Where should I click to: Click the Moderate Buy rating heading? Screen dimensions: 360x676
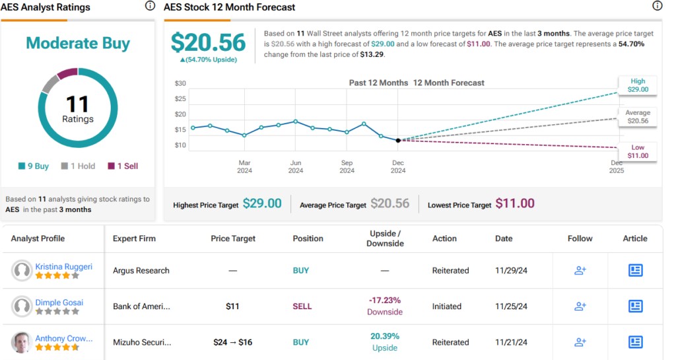[78, 44]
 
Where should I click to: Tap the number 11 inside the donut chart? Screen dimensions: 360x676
[78, 104]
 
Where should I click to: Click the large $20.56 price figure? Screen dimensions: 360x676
[208, 43]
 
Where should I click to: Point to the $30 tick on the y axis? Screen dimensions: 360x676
[180, 83]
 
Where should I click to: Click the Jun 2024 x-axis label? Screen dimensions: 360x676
[296, 166]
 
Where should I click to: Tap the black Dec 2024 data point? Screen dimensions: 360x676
[398, 140]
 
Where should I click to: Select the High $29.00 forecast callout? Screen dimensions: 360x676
[637, 85]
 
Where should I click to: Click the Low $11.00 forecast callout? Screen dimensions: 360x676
[637, 152]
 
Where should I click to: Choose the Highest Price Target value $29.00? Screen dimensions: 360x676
[262, 204]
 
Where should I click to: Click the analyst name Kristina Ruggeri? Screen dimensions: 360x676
[63, 267]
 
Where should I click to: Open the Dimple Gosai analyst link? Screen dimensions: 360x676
[59, 303]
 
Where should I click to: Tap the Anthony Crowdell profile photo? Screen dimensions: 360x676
[22, 342]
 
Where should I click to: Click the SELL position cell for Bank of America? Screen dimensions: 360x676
[302, 306]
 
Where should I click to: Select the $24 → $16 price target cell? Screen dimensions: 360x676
[232, 342]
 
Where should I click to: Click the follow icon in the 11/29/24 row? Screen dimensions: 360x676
[580, 270]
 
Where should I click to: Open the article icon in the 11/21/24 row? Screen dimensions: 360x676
[635, 342]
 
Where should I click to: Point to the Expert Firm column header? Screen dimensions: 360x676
[134, 238]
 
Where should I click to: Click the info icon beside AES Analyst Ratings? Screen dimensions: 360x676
[150, 6]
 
